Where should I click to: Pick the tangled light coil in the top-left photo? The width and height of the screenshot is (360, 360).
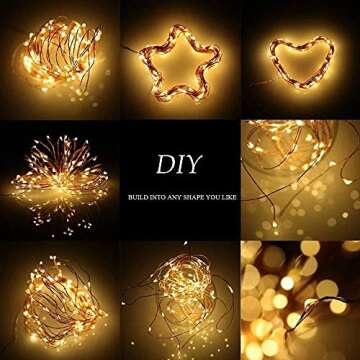(x=59, y=60)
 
